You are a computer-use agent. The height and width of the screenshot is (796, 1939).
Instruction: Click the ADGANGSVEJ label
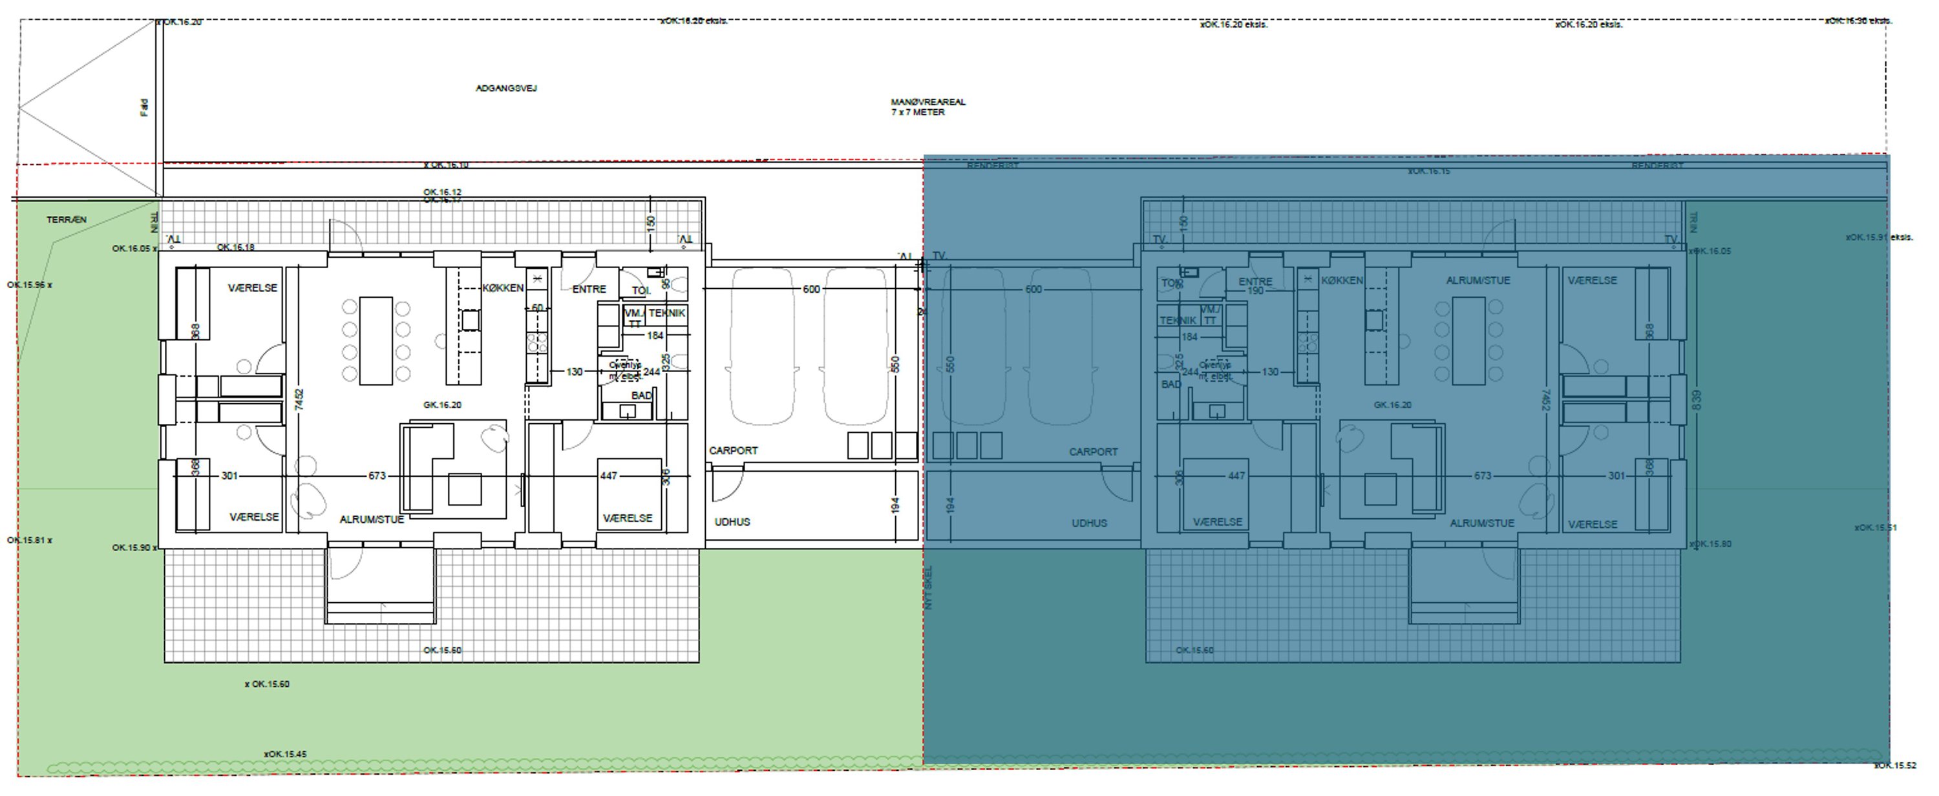(506, 88)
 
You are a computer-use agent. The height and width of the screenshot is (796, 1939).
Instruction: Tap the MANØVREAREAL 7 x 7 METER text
(927, 107)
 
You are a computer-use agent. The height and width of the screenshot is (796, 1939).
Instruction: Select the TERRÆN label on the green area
(66, 220)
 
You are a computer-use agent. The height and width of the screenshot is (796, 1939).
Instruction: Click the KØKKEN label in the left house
(503, 288)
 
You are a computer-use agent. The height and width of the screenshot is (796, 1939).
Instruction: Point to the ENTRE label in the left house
(589, 289)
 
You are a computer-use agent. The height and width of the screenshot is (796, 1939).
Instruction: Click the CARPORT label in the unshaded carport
(732, 451)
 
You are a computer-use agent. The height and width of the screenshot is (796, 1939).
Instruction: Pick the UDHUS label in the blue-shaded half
(1089, 523)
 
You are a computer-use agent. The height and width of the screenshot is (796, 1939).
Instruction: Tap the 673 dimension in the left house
(377, 476)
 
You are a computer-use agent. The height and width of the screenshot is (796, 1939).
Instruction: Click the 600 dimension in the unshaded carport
(811, 289)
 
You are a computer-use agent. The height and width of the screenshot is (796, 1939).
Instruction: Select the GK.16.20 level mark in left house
(442, 404)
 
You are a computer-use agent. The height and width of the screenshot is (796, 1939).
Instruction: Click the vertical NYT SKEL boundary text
(928, 587)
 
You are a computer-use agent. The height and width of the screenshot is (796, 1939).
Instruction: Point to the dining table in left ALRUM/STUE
(376, 341)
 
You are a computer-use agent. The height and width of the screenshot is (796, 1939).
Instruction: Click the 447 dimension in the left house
(608, 476)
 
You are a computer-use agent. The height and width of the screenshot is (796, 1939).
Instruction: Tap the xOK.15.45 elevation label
(284, 754)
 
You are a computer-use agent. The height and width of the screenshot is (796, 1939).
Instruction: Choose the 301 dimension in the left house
(229, 476)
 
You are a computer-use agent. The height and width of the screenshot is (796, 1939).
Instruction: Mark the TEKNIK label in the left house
(667, 313)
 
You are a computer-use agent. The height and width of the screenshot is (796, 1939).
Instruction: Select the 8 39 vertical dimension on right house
(1696, 399)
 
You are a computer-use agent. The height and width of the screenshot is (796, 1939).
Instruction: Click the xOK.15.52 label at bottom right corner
(1894, 765)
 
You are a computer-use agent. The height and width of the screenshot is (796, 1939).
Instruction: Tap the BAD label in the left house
(641, 395)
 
